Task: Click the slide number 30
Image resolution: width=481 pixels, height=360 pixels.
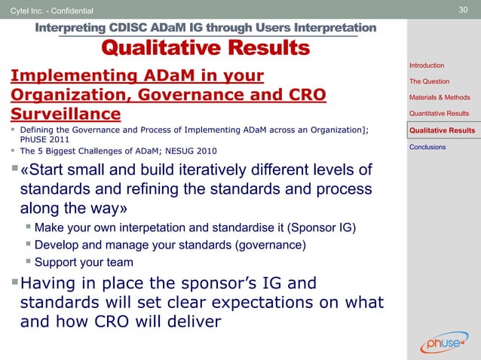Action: tap(464, 10)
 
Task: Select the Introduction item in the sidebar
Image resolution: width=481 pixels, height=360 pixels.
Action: tap(427, 66)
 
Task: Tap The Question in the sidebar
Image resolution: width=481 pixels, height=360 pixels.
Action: tap(429, 81)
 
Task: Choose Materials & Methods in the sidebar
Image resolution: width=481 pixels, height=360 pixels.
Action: tap(440, 97)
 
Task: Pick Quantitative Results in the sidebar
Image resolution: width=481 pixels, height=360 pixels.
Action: tap(440, 114)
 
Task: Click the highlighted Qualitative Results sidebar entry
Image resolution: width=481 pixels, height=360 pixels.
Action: tap(441, 130)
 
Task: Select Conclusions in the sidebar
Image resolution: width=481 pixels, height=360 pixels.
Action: tap(427, 147)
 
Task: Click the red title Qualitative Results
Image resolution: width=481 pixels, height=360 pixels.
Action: tap(205, 49)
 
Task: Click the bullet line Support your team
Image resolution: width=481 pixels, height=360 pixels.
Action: tap(84, 262)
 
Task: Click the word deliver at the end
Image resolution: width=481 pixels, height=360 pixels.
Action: tap(191, 322)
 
